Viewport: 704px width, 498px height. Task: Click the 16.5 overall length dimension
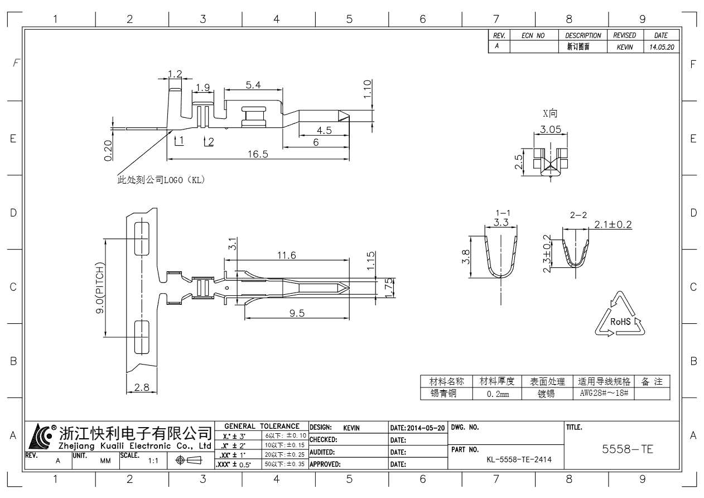(258, 155)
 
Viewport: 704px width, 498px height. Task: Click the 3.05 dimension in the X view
(551, 130)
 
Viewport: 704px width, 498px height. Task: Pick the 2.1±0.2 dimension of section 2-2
(612, 224)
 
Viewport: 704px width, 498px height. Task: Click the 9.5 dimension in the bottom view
(297, 313)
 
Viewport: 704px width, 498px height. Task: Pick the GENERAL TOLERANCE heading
(262, 427)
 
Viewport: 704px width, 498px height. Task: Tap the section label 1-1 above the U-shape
(502, 213)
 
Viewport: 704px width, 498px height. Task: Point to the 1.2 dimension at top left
(175, 74)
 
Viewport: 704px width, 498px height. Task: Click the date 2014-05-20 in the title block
(417, 428)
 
